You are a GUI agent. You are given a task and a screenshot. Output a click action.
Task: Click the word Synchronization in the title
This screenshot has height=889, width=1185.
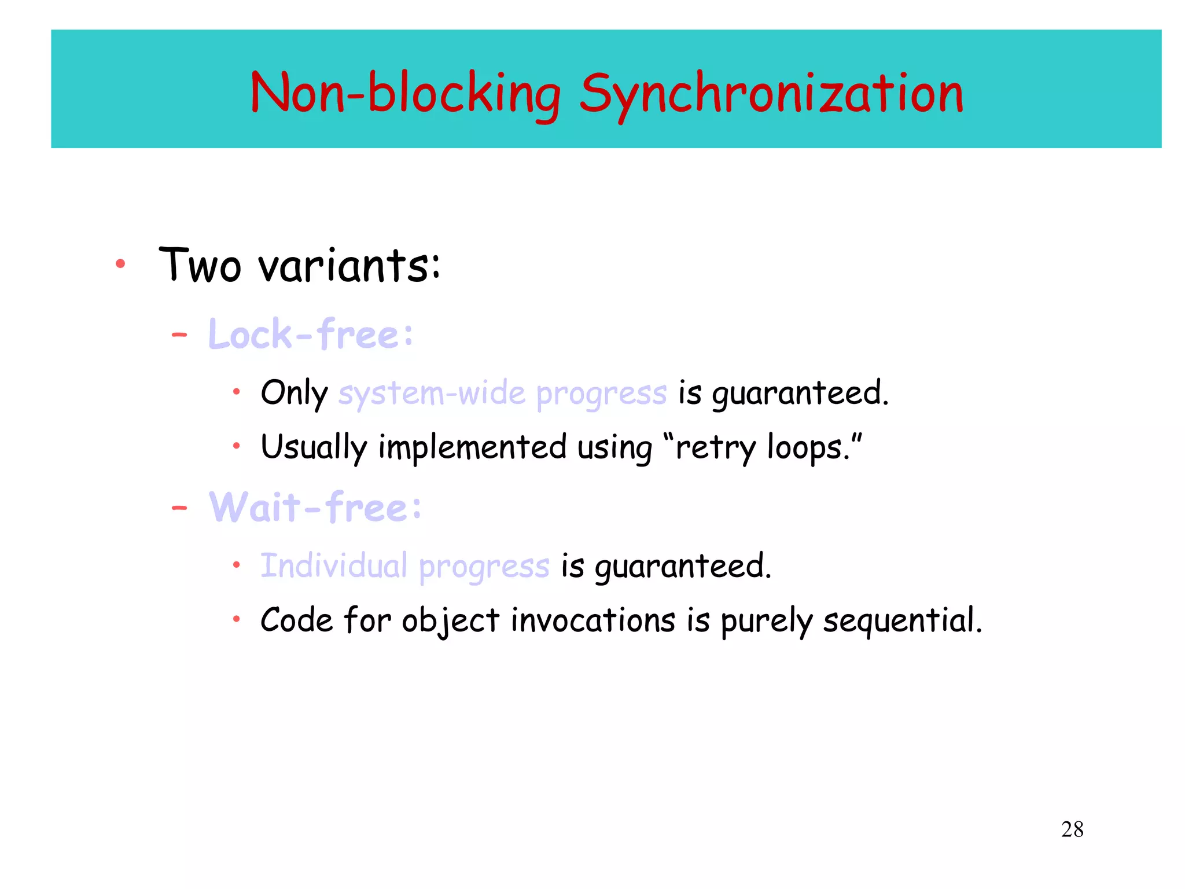(x=771, y=94)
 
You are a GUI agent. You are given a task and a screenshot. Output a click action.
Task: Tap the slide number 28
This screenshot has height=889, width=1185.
(x=1072, y=829)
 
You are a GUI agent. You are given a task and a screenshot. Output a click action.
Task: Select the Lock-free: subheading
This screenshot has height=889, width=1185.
(x=311, y=335)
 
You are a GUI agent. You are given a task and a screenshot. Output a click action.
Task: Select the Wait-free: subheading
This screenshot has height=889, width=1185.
(x=315, y=508)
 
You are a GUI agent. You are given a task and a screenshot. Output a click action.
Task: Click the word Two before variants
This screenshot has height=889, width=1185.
(x=200, y=265)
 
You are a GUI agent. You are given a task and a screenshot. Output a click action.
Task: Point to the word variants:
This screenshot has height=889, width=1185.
(x=349, y=265)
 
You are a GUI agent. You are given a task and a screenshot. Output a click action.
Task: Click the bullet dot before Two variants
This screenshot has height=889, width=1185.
(x=120, y=264)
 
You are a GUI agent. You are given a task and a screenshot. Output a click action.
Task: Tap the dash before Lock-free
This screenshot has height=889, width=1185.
(x=179, y=335)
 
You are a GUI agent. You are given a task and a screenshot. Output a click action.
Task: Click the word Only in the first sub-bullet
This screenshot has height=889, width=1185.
(x=294, y=394)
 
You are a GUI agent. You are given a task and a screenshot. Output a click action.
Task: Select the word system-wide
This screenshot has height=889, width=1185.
(x=432, y=394)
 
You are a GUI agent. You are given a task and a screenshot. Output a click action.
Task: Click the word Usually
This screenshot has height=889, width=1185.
(x=314, y=447)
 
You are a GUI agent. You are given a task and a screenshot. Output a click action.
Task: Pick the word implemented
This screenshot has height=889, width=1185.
(x=472, y=447)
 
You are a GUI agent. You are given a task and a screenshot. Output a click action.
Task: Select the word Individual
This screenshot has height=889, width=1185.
(x=334, y=565)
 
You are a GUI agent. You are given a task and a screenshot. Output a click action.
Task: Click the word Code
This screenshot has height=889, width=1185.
(x=296, y=620)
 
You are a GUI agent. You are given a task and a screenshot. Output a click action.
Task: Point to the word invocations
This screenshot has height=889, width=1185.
(x=592, y=620)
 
